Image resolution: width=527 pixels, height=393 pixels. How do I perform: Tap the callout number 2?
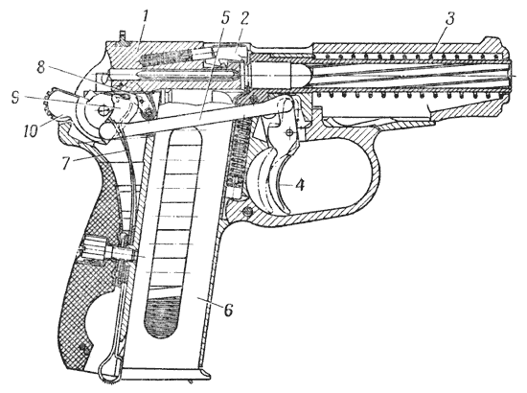click(x=243, y=20)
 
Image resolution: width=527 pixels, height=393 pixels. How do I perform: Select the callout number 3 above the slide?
click(x=449, y=19)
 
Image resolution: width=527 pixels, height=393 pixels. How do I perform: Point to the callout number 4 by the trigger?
click(x=300, y=185)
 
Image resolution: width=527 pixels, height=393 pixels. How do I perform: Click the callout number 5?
click(x=224, y=19)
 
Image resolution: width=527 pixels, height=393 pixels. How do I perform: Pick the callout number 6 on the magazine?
click(x=228, y=311)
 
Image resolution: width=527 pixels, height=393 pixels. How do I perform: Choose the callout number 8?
click(x=40, y=67)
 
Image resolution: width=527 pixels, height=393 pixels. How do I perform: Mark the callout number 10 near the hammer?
click(x=32, y=131)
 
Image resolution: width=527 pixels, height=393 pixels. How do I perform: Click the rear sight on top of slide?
click(x=123, y=36)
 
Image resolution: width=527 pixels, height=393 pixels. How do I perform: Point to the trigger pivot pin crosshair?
click(x=288, y=133)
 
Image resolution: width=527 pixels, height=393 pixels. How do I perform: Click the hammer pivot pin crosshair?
click(x=103, y=108)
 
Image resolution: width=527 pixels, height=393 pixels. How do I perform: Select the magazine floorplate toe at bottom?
click(x=205, y=373)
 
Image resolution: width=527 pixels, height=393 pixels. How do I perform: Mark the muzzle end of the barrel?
click(x=511, y=73)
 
